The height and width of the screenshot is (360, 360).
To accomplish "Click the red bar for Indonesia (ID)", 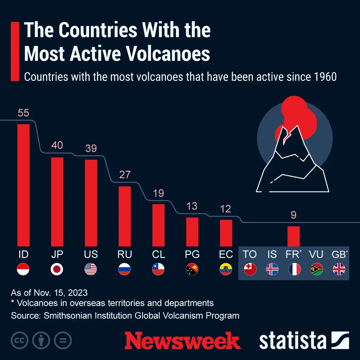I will tap(23, 185).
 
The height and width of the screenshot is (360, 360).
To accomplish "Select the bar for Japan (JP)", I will tap(57, 202).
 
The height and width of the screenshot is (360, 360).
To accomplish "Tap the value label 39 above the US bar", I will tap(91, 148).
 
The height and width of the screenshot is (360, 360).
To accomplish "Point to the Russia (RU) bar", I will tap(124, 216).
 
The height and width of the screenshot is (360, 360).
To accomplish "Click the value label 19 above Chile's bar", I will tap(158, 193).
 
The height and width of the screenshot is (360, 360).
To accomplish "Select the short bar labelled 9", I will tap(293, 236).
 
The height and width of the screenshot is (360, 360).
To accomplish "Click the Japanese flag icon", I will tap(57, 269).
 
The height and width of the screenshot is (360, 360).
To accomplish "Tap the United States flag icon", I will tap(91, 269).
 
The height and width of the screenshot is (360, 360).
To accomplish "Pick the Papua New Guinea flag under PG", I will tap(192, 269).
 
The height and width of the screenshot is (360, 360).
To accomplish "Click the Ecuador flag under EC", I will tap(226, 269).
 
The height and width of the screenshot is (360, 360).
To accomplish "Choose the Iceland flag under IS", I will tap(272, 269).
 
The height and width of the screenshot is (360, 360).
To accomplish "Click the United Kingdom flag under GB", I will tap(339, 269).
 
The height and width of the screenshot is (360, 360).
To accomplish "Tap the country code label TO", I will tap(250, 254).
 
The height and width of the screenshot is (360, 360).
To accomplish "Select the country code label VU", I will tap(316, 254).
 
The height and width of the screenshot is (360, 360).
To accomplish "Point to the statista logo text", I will tap(292, 341).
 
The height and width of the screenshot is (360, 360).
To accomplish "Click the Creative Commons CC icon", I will tap(19, 340).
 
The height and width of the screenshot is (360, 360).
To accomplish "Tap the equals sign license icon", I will tap(63, 340).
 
